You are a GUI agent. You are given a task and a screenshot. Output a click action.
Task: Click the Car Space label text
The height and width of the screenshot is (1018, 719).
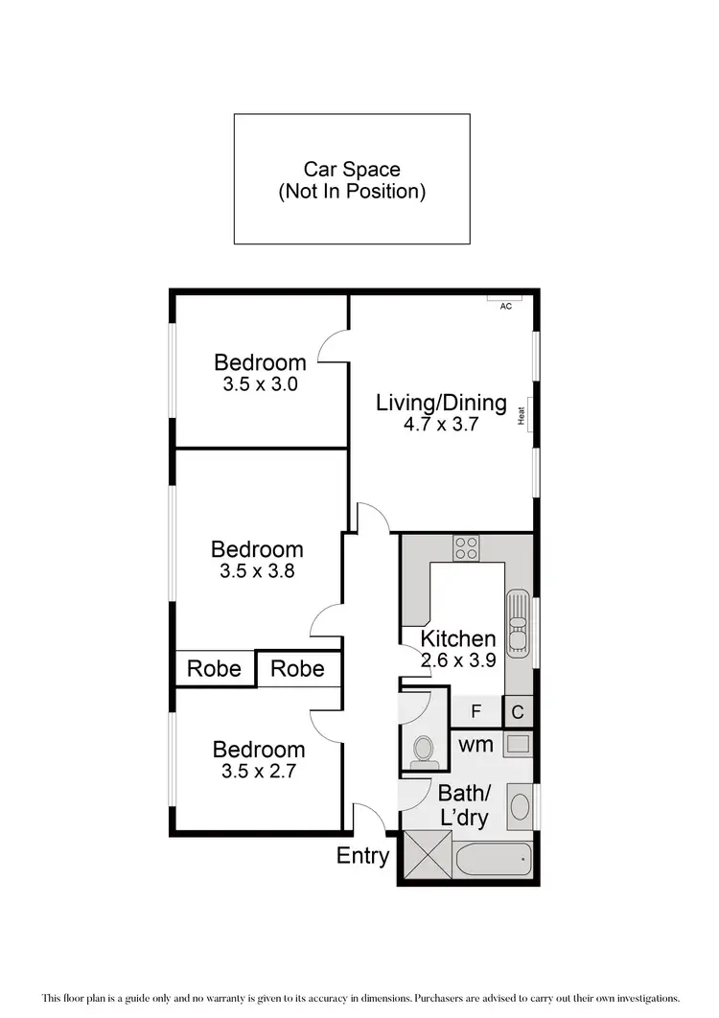tap(352, 180)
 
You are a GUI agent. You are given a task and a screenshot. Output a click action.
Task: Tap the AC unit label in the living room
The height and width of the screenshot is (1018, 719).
tap(505, 307)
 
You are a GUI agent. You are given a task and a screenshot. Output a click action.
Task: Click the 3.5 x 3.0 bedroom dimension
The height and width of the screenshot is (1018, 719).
tap(260, 384)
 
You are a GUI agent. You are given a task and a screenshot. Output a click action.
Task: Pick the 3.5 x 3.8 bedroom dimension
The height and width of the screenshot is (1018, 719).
tap(257, 572)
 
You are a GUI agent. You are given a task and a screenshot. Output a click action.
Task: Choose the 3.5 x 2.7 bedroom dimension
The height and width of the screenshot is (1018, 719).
tap(259, 772)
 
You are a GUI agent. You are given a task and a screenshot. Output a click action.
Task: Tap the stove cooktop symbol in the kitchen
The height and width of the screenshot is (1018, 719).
tap(467, 547)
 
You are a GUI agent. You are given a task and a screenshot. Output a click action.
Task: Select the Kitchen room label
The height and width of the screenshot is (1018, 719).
tap(458, 638)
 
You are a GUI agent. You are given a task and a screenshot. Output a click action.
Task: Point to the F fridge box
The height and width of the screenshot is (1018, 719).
tap(475, 712)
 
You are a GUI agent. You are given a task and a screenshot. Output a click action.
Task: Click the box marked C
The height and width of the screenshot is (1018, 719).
tap(518, 712)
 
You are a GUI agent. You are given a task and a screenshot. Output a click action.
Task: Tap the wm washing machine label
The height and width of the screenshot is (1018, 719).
tap(475, 744)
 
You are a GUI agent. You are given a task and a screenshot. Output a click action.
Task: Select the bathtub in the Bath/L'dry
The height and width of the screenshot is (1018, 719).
tap(493, 859)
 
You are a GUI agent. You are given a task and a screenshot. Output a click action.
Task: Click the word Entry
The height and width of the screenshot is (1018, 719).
tap(362, 856)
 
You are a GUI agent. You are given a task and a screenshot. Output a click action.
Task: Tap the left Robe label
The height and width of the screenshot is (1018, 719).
tap(214, 668)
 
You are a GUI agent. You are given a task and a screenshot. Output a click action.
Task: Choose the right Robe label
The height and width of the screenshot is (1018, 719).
tap(297, 668)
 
